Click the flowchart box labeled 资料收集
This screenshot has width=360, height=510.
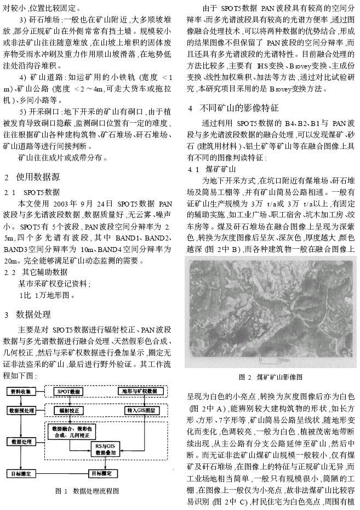[22, 391]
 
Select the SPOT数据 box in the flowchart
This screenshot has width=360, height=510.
[70, 391]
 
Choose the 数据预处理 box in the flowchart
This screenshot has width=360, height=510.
[22, 410]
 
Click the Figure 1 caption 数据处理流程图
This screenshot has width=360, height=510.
[88, 491]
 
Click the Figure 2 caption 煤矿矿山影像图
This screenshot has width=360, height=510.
[271, 377]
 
